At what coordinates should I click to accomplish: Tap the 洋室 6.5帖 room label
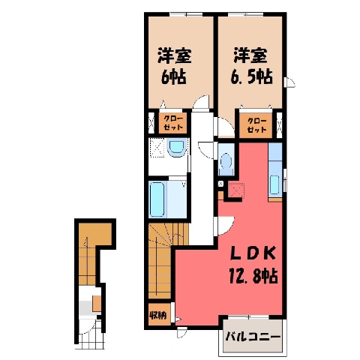(250, 66)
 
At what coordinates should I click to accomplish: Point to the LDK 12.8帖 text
(253, 268)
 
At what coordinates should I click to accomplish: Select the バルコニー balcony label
(253, 337)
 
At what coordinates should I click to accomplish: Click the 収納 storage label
(157, 316)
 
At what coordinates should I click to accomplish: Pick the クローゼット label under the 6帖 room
(173, 123)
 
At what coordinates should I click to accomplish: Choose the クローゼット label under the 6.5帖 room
(256, 125)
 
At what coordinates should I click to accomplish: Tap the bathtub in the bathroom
(157, 199)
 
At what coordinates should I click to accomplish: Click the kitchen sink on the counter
(274, 184)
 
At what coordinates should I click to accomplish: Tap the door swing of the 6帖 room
(201, 102)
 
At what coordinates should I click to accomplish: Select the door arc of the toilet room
(206, 150)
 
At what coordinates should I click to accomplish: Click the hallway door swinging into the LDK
(226, 226)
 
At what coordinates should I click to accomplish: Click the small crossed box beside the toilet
(220, 184)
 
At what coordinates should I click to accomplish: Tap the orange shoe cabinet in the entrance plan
(97, 304)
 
